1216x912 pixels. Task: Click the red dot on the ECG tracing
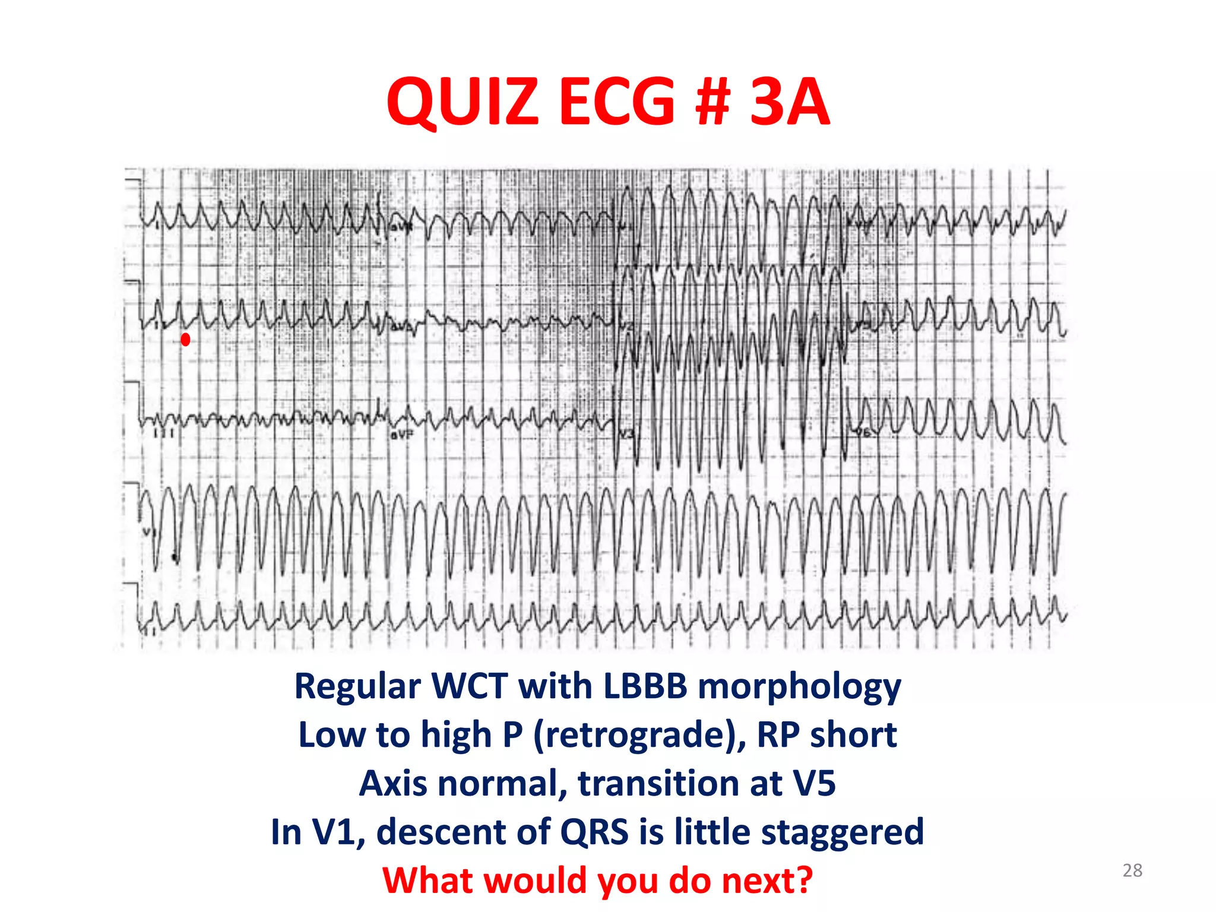click(185, 340)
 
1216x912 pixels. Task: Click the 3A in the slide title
click(790, 102)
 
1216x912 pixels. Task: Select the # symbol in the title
click(711, 102)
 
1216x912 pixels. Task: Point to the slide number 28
click(1132, 870)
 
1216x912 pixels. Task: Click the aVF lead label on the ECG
click(401, 435)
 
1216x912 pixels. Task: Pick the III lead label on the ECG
click(164, 433)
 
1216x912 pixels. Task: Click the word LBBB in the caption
click(645, 686)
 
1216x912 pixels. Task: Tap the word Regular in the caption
click(359, 686)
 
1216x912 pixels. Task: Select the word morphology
click(799, 688)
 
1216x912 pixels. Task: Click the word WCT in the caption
click(470, 686)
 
